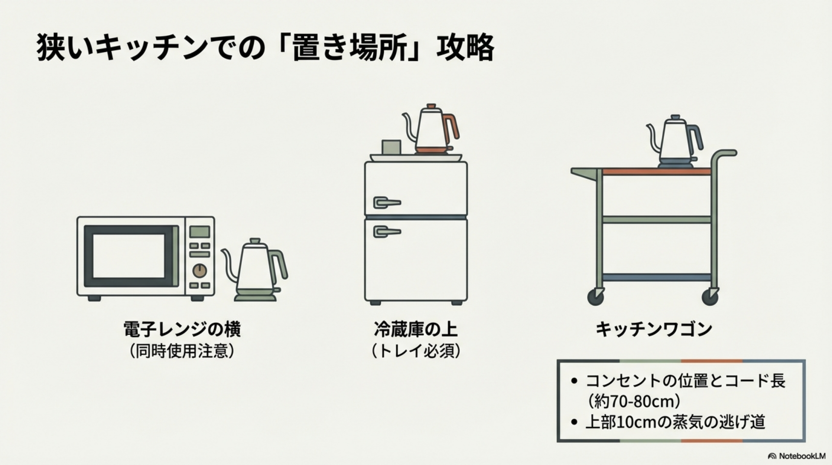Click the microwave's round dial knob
click(x=199, y=270)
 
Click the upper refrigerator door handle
click(x=387, y=202)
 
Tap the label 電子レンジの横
click(x=182, y=329)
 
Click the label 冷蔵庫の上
click(x=416, y=329)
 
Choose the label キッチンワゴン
click(x=654, y=329)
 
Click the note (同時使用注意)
click(x=182, y=351)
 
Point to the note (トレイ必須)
click(x=416, y=351)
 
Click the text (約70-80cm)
click(x=634, y=402)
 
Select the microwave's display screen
click(x=199, y=232)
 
